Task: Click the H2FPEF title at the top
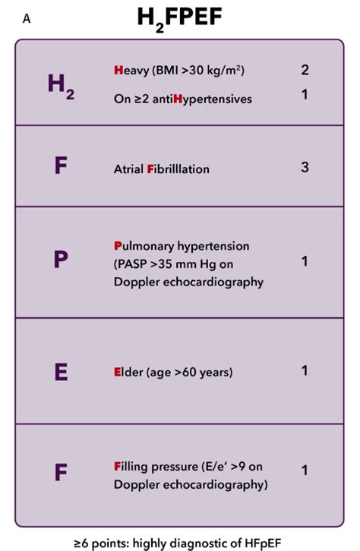tap(179, 17)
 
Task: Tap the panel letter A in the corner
tap(27, 20)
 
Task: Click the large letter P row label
tap(61, 260)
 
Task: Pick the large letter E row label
tap(61, 371)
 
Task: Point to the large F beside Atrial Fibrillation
tap(61, 166)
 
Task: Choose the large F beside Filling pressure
tap(61, 472)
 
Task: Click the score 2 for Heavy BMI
tap(305, 70)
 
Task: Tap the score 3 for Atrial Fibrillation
tap(305, 166)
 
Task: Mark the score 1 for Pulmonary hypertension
tap(305, 261)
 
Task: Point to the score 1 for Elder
tap(305, 370)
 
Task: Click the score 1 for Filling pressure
tap(305, 471)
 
